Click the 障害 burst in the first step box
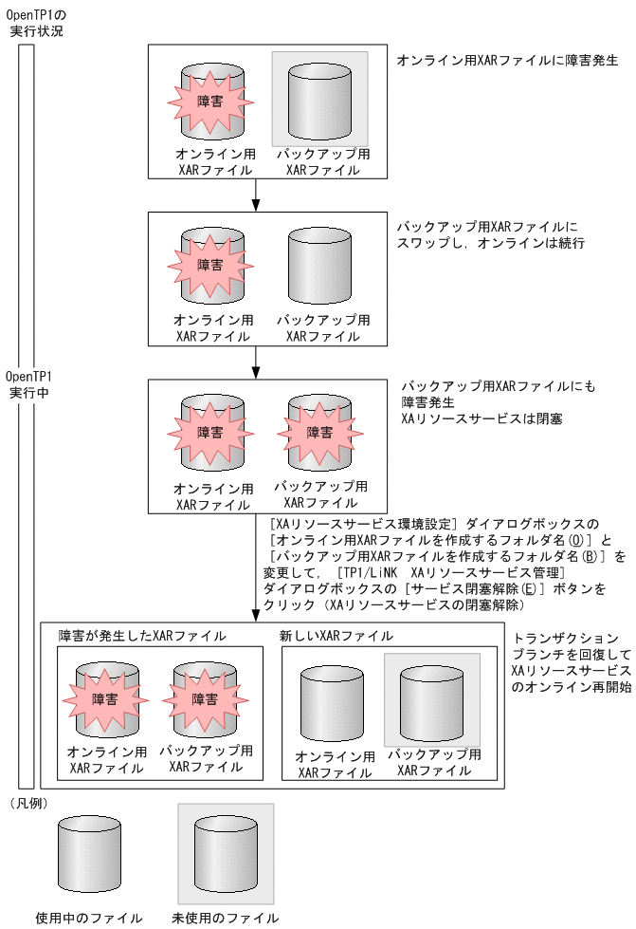(x=210, y=101)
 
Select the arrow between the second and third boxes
(x=256, y=362)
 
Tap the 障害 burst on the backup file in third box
(x=319, y=432)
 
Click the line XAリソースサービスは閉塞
(x=482, y=418)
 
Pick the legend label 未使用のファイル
(x=225, y=918)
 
